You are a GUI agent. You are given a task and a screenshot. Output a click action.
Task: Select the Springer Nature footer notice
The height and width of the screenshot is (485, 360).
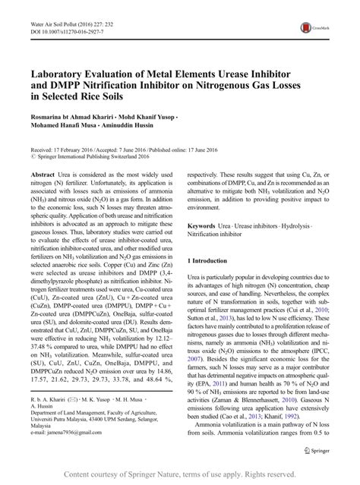(180, 474)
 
